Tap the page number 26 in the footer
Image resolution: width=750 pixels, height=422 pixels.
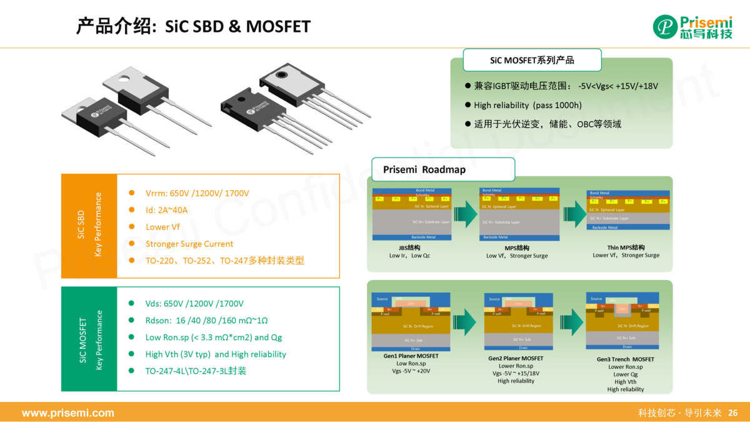733,413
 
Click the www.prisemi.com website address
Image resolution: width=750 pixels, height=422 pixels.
68,413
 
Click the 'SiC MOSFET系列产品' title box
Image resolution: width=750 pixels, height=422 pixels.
532,60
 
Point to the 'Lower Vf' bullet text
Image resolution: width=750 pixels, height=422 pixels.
162,227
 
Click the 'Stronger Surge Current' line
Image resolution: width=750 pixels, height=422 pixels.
189,244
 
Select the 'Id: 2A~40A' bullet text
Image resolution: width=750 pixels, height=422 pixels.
166,210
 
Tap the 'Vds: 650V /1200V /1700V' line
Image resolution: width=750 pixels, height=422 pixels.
194,303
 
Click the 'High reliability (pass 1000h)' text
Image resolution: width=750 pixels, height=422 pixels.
527,105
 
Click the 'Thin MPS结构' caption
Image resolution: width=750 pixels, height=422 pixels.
626,248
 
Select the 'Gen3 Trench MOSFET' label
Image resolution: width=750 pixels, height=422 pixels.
625,359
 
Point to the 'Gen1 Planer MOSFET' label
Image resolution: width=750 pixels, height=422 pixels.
411,356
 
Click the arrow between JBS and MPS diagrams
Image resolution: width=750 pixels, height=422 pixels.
465,213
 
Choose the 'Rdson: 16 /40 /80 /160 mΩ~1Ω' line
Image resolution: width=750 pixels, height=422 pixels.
206,320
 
